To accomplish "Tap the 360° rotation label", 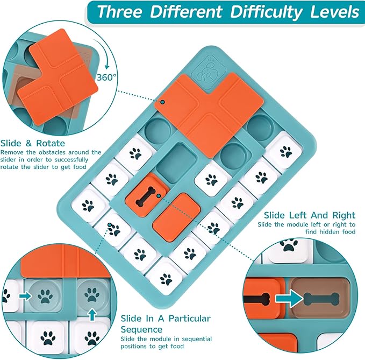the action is click(106, 77).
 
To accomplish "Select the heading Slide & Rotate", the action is click(33, 143).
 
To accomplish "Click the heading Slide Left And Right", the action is click(310, 215).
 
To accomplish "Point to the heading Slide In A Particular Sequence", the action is click(166, 323).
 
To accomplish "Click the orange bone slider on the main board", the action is click(146, 196).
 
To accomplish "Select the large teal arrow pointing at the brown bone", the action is click(289, 298).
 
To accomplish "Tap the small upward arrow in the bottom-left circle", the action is click(92, 315).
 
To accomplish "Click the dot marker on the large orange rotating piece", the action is click(163, 102).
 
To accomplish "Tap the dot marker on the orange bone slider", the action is click(159, 196).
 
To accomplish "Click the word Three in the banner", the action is click(120, 12).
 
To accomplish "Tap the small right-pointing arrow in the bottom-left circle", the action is click(25, 296).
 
